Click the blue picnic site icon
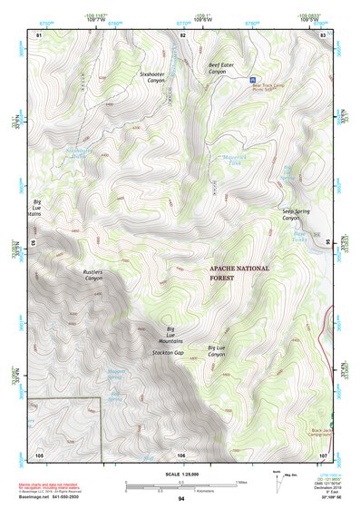tap(252, 80)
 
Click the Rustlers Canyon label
tap(94, 275)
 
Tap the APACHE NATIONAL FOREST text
tap(235, 273)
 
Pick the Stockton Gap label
tap(168, 351)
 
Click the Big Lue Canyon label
tap(216, 350)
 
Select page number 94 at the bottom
tap(181, 499)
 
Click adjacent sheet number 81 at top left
tap(38, 34)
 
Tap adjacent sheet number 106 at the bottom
tap(181, 453)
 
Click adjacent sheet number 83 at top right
tap(323, 34)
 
